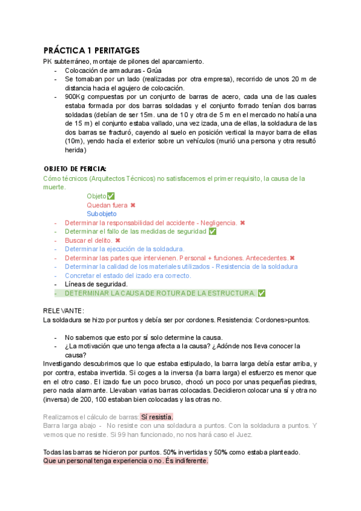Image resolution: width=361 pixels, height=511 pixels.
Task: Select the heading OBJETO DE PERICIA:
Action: [75, 169]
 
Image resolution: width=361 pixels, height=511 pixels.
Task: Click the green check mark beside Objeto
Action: [110, 196]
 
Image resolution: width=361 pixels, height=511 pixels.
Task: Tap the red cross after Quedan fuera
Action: [133, 205]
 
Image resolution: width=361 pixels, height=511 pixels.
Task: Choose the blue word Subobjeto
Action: [102, 214]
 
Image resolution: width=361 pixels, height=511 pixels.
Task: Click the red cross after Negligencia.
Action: [242, 222]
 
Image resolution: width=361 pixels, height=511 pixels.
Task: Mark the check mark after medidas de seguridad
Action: [212, 231]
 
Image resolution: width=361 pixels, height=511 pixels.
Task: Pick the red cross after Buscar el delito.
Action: [118, 240]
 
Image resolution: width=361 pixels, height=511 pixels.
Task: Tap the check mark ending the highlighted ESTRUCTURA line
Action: [261, 293]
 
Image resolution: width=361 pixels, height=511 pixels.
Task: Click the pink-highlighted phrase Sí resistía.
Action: [156, 416]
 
